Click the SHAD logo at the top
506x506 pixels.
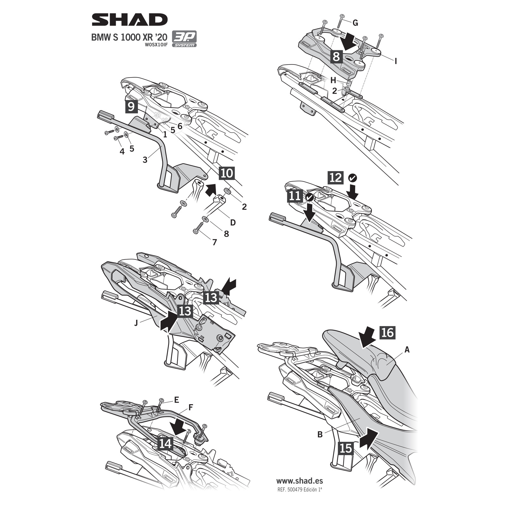pos(129,20)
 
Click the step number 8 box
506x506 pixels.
pos(336,57)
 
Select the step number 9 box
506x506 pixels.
pos(131,106)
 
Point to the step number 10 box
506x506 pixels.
pos(227,173)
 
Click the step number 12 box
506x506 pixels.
pos(336,178)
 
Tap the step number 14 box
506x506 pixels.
pos(165,444)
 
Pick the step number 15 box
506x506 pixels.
pos(346,448)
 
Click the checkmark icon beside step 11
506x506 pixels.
pos(310,197)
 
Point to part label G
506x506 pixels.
pos(355,23)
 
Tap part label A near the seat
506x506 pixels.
pos(407,349)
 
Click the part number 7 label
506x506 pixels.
pos(215,242)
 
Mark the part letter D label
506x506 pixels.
pos(233,223)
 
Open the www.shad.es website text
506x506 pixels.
pos(299,481)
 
